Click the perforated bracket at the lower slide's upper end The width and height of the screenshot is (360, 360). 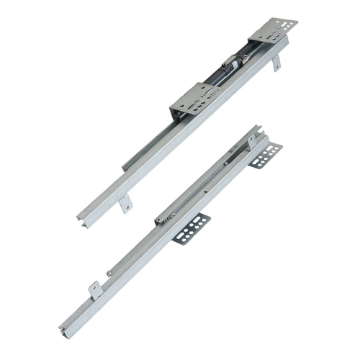pyautogui.click(x=267, y=154)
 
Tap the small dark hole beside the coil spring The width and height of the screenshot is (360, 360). pyautogui.click(x=208, y=192)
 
